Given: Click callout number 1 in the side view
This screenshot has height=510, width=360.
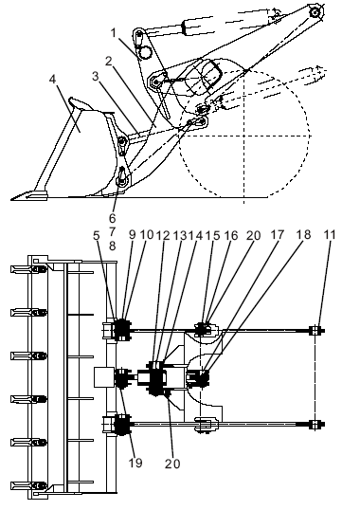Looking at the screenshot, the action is [114, 32].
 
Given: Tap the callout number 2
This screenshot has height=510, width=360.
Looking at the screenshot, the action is [109, 61].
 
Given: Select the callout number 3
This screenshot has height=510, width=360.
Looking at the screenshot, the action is [95, 76].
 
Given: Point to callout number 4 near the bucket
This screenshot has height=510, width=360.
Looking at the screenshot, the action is [53, 79].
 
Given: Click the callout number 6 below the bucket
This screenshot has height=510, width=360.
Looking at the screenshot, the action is [113, 218].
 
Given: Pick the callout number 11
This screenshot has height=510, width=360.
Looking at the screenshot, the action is [330, 234].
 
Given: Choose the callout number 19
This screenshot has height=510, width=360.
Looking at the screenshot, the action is [135, 463].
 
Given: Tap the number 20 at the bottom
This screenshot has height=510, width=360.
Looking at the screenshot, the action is [172, 464].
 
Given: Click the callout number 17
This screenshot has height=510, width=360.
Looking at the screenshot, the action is [278, 234].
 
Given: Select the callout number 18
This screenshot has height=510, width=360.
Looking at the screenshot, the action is [304, 234].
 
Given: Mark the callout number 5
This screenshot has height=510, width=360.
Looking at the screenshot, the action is [97, 235].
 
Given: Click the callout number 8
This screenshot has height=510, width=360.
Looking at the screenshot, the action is [113, 246].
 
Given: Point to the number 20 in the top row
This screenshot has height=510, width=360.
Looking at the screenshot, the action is [253, 235].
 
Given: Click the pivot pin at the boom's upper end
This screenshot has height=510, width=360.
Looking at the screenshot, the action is [315, 12].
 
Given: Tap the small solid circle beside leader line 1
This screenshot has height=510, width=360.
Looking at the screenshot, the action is [144, 52].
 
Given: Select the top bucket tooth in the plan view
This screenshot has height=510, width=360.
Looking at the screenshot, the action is [27, 269].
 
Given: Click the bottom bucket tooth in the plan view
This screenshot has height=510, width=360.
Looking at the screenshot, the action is [27, 486].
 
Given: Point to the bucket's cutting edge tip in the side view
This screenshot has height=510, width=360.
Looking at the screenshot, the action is [11, 199].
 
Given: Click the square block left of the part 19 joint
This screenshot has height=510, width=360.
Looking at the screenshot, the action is [104, 377].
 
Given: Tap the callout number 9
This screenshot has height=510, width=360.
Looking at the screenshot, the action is [132, 234].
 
